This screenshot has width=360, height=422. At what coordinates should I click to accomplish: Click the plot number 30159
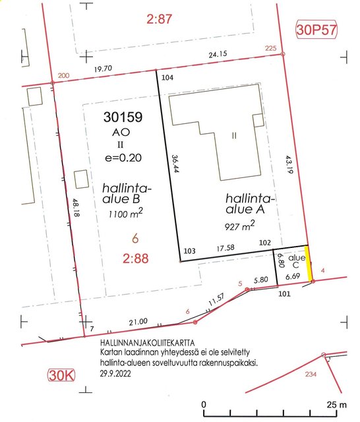(x=123, y=117)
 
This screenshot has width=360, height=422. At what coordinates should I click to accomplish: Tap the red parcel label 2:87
(x=160, y=19)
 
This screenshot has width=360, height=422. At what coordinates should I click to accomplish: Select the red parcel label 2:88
(x=136, y=258)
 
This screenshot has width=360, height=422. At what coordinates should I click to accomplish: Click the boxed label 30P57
(x=316, y=30)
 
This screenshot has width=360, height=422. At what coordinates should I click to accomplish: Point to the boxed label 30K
(x=61, y=375)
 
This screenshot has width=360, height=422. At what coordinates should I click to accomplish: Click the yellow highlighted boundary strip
(x=309, y=263)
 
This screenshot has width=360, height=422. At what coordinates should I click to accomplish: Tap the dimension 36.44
(x=175, y=164)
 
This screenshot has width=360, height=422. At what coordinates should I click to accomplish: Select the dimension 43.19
(x=289, y=164)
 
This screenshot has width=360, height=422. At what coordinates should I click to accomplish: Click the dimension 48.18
(x=76, y=208)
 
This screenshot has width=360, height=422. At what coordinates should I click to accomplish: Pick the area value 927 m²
(x=239, y=226)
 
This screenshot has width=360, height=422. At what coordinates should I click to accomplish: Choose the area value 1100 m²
(x=126, y=213)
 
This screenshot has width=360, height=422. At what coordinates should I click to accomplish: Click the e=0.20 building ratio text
(x=123, y=158)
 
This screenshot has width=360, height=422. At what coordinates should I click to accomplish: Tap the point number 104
(x=167, y=78)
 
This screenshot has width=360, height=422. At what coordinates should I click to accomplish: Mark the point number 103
(x=189, y=251)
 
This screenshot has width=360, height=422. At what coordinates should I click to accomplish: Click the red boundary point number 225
(x=271, y=48)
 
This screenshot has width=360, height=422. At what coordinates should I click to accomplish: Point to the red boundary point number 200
(x=63, y=76)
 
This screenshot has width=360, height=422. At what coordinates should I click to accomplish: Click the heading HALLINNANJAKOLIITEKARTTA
(x=148, y=343)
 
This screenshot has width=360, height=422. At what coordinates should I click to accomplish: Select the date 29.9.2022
(x=115, y=374)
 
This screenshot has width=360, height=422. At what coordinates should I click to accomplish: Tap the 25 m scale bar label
(x=336, y=405)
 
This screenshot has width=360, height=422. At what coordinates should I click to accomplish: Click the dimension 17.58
(x=225, y=248)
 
